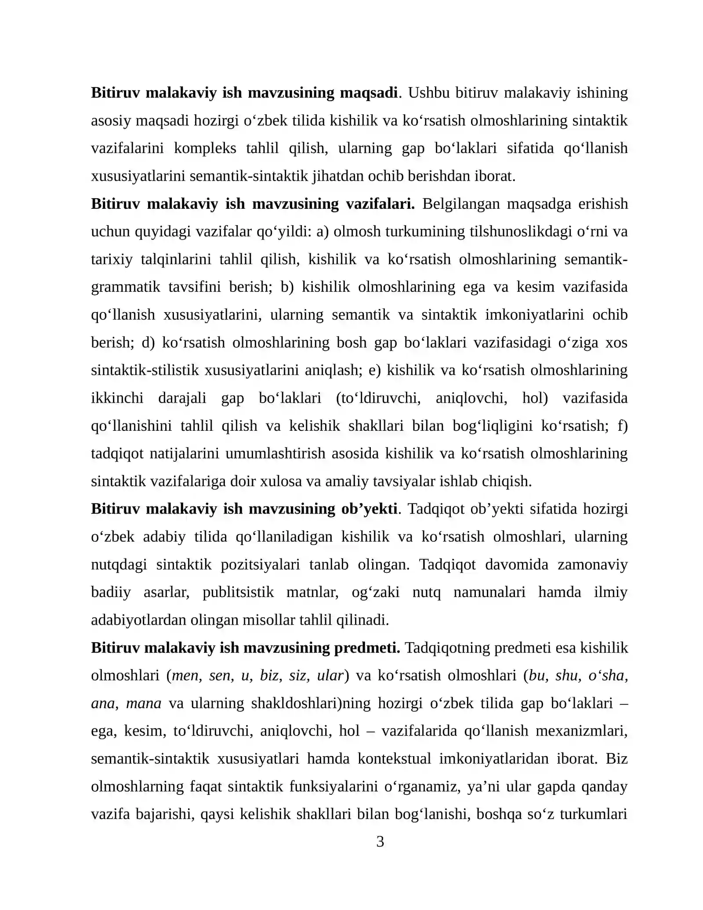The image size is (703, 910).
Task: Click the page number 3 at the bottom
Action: (x=380, y=841)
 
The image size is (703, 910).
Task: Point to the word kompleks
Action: (x=205, y=148)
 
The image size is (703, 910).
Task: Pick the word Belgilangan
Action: (x=461, y=204)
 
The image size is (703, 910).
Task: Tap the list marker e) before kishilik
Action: (x=374, y=370)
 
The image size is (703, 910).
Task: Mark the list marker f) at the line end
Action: (x=622, y=426)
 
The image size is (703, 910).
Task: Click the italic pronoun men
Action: (x=186, y=675)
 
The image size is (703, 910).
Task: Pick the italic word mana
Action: (x=144, y=703)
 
